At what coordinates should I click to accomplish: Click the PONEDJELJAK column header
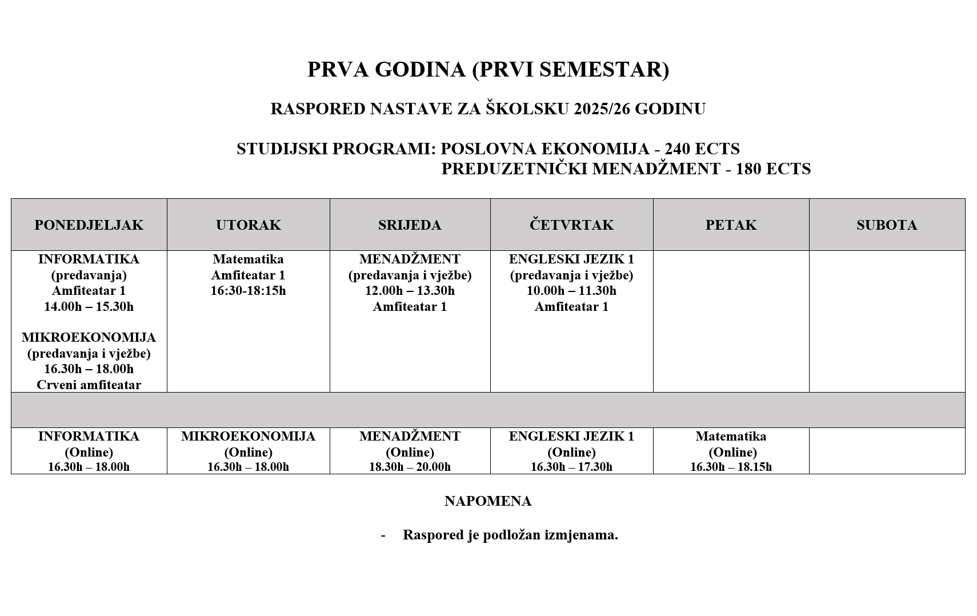89,225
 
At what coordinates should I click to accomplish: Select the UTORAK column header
248,225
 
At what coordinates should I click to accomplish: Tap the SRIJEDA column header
410,225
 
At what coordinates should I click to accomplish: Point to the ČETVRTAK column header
571,225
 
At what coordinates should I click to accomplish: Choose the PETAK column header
731,225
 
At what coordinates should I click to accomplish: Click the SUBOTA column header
887,225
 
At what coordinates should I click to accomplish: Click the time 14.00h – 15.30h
89,307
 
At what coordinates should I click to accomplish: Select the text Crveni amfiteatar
89,385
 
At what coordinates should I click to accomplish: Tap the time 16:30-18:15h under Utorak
248,291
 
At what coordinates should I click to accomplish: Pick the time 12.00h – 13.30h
410,291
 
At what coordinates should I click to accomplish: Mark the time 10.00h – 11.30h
571,291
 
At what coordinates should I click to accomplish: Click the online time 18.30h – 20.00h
410,467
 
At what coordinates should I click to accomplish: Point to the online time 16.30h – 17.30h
571,467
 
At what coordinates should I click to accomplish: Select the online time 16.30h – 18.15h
731,467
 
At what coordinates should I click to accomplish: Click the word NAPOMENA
488,501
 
